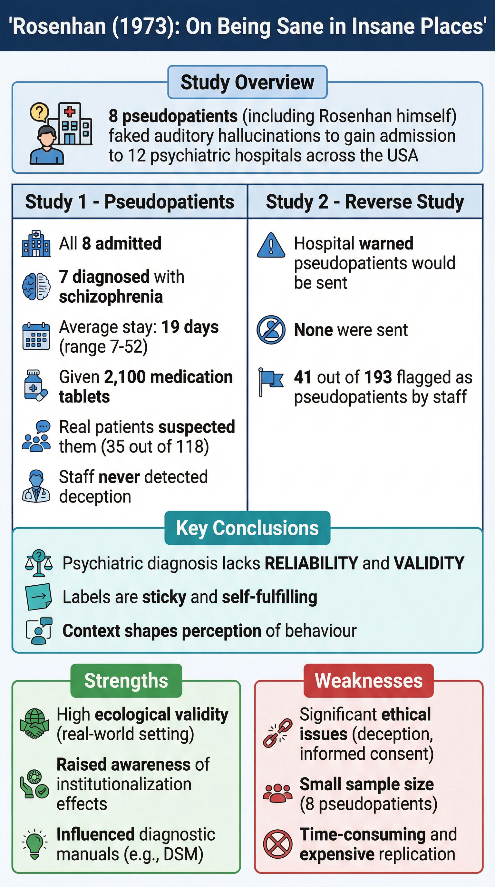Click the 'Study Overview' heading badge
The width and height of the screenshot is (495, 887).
[247, 82]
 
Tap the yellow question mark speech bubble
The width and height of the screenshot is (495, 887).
[39, 112]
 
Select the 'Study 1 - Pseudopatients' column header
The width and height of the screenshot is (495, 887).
[130, 202]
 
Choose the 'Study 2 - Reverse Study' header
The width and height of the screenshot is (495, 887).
[365, 202]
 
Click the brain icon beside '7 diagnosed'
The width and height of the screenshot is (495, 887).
[36, 286]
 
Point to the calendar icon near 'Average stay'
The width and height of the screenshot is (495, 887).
[36, 336]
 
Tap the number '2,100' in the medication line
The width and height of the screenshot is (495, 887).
[125, 377]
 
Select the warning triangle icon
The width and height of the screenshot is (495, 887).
[271, 246]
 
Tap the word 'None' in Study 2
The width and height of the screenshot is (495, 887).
[313, 330]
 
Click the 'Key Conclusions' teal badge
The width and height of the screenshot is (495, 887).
[247, 528]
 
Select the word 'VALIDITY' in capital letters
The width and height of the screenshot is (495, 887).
[429, 563]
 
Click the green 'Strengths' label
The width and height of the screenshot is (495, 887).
[126, 680]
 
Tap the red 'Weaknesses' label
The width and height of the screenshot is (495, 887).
[368, 680]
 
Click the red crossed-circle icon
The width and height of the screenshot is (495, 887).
[277, 843]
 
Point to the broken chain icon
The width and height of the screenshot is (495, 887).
[277, 734]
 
